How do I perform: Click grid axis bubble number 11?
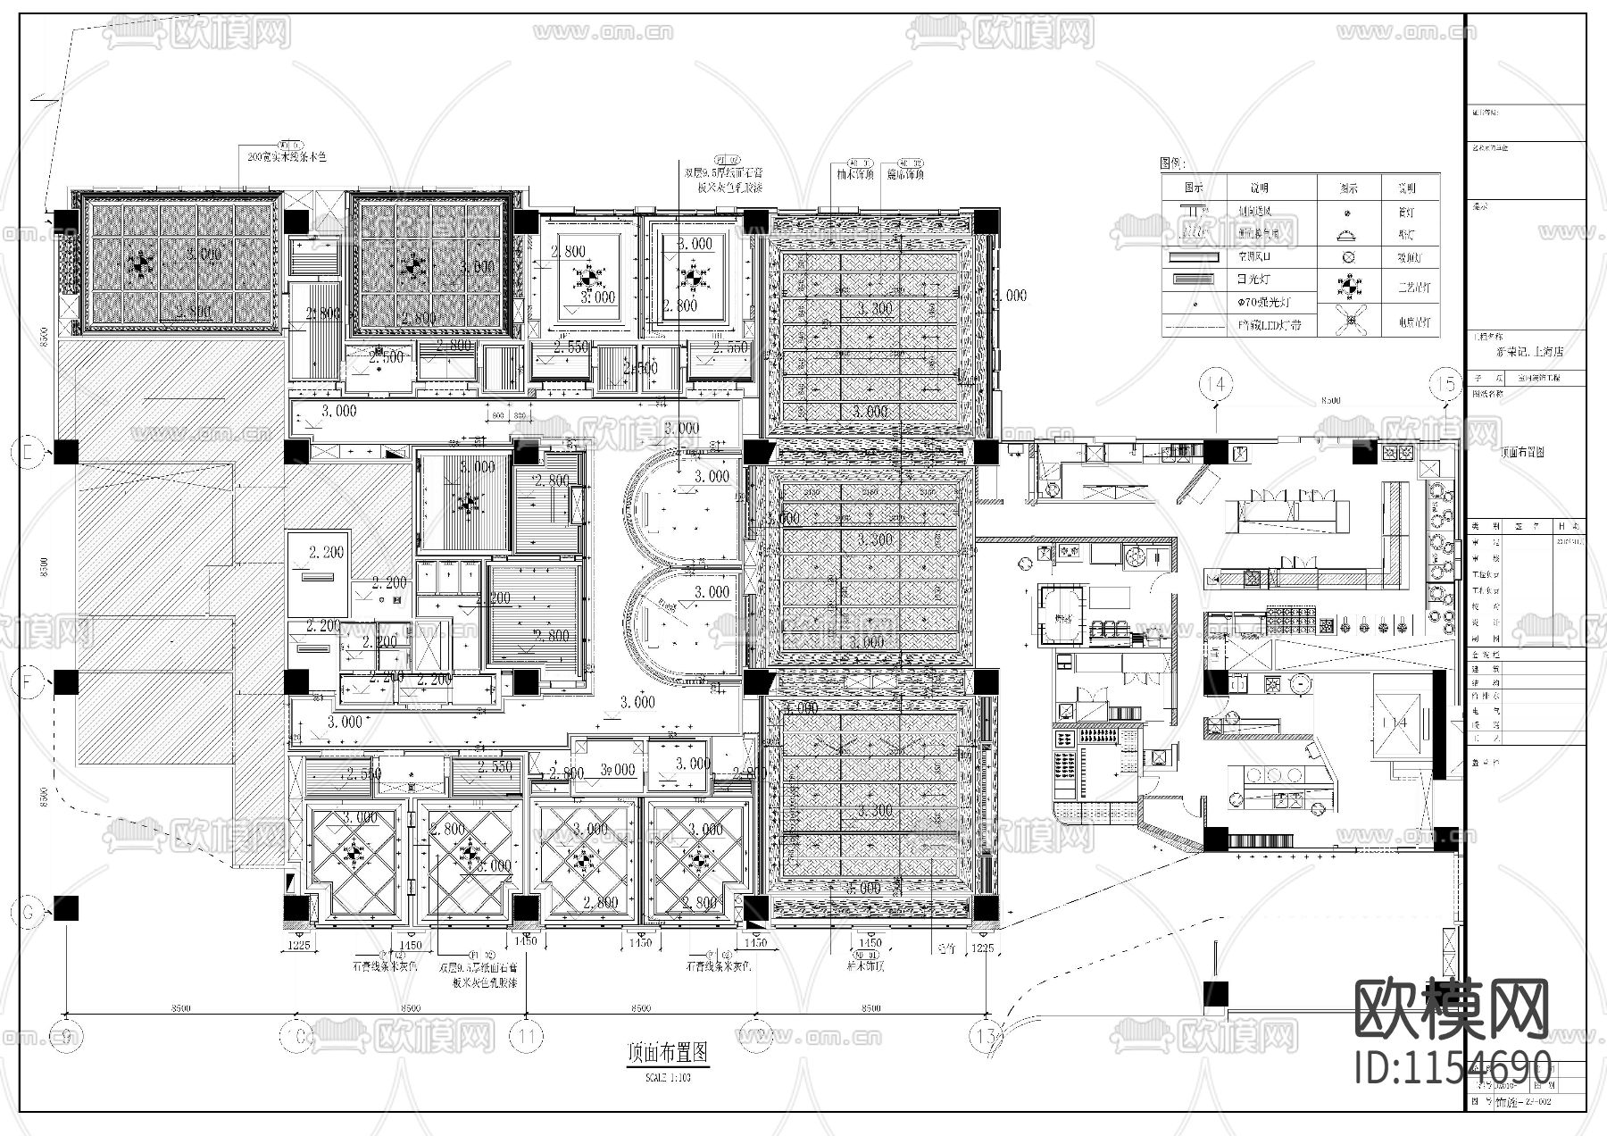pyautogui.click(x=527, y=1036)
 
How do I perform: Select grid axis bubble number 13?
pyautogui.click(x=987, y=1036)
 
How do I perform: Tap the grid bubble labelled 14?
pyautogui.click(x=1216, y=384)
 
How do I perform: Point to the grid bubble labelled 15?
pyautogui.click(x=1446, y=384)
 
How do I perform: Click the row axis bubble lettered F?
pyautogui.click(x=28, y=683)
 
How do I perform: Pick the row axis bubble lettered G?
pyautogui.click(x=28, y=912)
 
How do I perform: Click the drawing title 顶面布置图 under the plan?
pyautogui.click(x=668, y=1053)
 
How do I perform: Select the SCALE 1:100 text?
pyautogui.click(x=668, y=1077)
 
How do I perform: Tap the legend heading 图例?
pyautogui.click(x=1172, y=163)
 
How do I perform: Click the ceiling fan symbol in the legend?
pyautogui.click(x=1348, y=319)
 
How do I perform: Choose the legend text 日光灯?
pyautogui.click(x=1253, y=280)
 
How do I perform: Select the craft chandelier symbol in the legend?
pyautogui.click(x=1348, y=287)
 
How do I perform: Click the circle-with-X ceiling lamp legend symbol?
pyautogui.click(x=1348, y=257)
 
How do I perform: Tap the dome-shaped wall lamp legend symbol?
pyautogui.click(x=1348, y=235)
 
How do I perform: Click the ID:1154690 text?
pyautogui.click(x=1453, y=1067)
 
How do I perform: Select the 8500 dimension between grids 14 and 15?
pyautogui.click(x=1330, y=401)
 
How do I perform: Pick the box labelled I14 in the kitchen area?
pyautogui.click(x=1396, y=722)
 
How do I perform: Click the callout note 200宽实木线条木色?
pyautogui.click(x=287, y=156)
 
